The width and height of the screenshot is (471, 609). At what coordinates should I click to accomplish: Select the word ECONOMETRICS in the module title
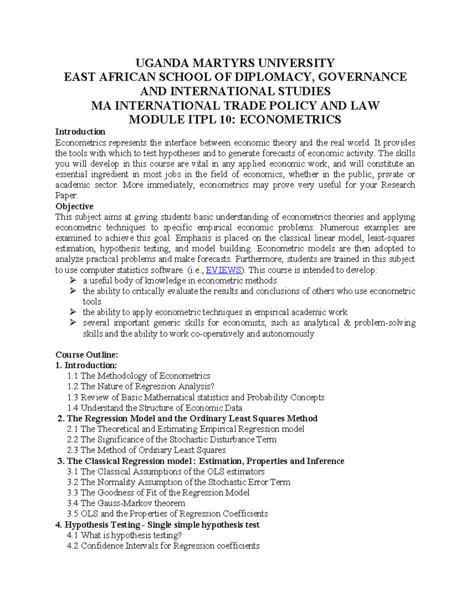click(290, 120)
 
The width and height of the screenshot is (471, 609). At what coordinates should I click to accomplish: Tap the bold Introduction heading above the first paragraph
click(80, 131)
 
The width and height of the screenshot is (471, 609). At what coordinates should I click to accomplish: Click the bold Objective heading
click(74, 206)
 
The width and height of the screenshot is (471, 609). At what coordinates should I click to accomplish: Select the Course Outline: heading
click(86, 355)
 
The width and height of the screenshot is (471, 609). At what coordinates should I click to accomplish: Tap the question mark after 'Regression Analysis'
click(212, 387)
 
